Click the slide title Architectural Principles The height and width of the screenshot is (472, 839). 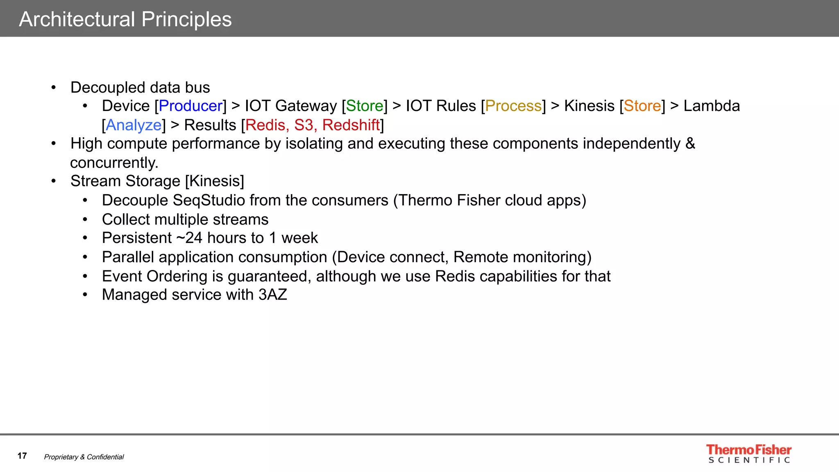[x=125, y=19]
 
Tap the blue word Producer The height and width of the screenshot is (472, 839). [x=190, y=106]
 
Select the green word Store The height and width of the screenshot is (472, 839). [x=365, y=106]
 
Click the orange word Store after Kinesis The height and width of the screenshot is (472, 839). [x=642, y=106]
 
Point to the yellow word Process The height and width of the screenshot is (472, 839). [x=513, y=106]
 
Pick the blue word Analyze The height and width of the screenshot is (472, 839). [x=134, y=125]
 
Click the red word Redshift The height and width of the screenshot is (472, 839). [x=351, y=125]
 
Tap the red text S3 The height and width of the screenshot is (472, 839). [x=304, y=125]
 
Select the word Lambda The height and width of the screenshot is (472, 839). [x=712, y=106]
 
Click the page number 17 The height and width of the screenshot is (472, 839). [x=22, y=456]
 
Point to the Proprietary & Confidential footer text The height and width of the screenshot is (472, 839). [x=84, y=457]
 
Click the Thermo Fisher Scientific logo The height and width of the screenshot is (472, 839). [x=748, y=454]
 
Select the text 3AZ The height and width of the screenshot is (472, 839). [x=272, y=295]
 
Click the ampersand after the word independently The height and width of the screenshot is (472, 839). [x=690, y=144]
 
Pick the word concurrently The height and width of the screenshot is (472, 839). [x=114, y=163]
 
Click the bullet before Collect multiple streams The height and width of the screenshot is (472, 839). [x=85, y=220]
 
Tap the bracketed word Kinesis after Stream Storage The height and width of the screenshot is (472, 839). [x=215, y=181]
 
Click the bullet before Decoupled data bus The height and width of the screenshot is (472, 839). [x=54, y=88]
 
